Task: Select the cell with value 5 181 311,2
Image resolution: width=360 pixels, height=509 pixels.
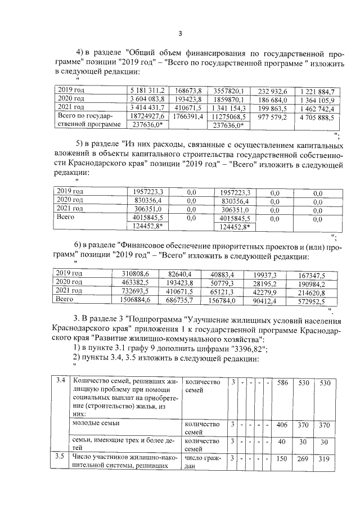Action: pyautogui.click(x=147, y=91)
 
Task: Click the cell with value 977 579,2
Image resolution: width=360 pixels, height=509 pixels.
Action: pyautogui.click(x=273, y=117)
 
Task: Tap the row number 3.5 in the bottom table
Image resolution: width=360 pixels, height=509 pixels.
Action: pyautogui.click(x=62, y=457)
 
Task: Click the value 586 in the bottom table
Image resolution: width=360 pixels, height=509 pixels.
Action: pyautogui.click(x=283, y=382)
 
